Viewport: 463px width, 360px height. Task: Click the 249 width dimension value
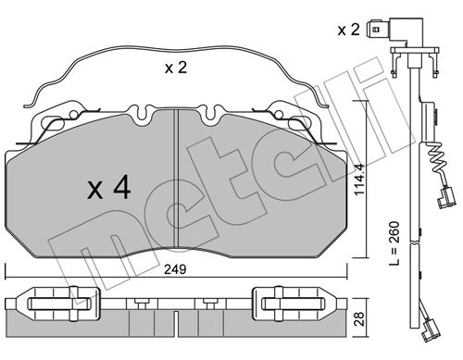[175, 269]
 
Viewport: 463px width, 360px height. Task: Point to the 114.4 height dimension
[359, 180]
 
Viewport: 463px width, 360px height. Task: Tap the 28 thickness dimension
[359, 318]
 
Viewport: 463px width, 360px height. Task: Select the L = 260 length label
[394, 243]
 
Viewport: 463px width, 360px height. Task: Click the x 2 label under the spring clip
[176, 68]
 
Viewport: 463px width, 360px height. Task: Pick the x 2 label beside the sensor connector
[349, 30]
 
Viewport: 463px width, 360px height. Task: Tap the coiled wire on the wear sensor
[437, 160]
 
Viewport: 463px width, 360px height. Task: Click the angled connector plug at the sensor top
[394, 30]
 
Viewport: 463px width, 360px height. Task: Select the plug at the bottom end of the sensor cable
[431, 330]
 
